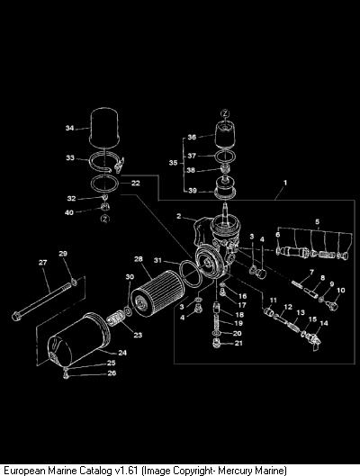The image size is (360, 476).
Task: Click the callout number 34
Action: tap(70, 128)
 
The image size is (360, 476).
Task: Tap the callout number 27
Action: tap(43, 262)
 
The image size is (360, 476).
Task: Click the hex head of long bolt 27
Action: tap(16, 316)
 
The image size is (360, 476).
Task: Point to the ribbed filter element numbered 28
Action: tap(157, 293)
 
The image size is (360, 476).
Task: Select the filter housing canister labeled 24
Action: tap(78, 339)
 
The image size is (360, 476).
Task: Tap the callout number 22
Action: tap(135, 183)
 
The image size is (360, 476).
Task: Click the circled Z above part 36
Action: tap(225, 113)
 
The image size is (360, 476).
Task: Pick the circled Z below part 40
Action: tap(105, 219)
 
